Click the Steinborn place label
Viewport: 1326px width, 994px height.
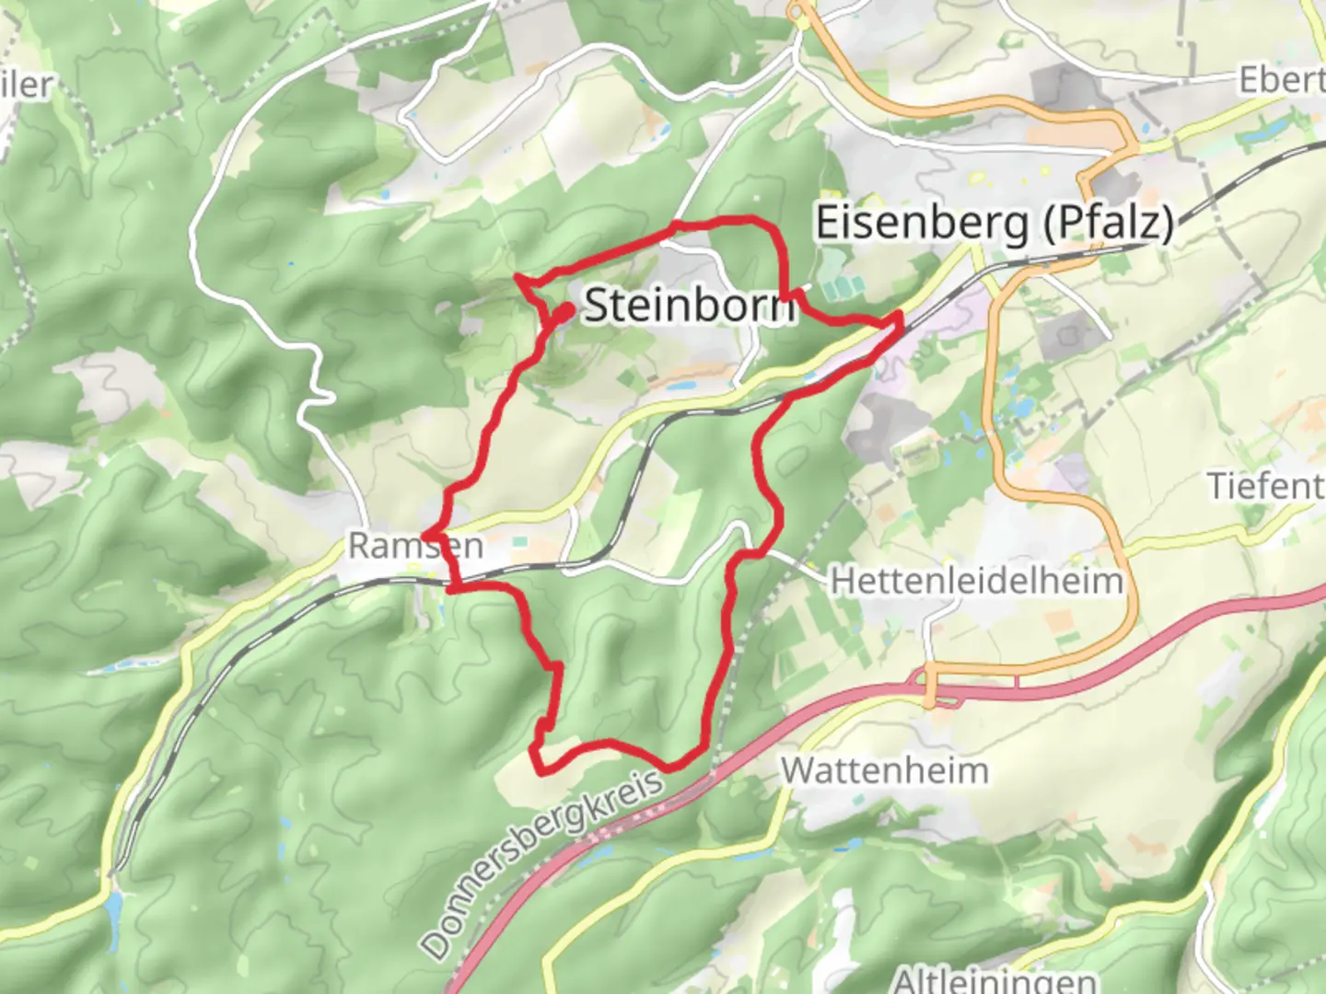[689, 305]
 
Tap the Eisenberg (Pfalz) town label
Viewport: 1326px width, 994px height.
[994, 224]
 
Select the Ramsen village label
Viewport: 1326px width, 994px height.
[415, 546]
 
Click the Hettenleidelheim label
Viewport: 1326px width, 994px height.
[976, 582]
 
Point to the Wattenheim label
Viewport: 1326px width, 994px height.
[885, 770]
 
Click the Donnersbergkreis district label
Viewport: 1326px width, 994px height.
[543, 865]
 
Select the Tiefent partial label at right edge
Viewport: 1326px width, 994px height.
[1266, 486]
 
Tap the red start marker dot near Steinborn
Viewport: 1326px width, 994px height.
[562, 314]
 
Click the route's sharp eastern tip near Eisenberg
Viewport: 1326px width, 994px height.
[901, 317]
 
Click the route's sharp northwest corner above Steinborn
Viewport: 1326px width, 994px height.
[518, 277]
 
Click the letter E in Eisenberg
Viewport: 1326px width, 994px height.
[828, 224]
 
